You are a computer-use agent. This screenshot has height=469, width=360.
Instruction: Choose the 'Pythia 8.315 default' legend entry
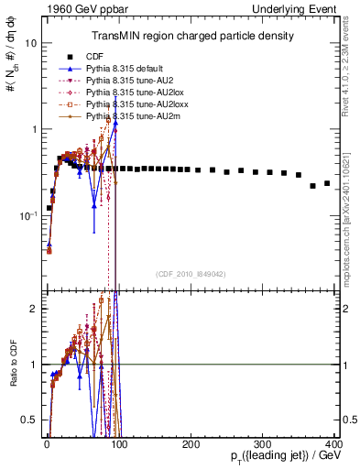(125, 69)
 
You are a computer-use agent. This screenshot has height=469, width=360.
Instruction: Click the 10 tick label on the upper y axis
(30, 44)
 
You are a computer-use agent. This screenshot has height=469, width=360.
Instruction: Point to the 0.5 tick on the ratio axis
(29, 421)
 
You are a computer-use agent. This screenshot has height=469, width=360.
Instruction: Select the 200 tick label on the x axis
(191, 443)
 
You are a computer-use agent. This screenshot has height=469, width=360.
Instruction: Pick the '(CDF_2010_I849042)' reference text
(191, 273)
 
